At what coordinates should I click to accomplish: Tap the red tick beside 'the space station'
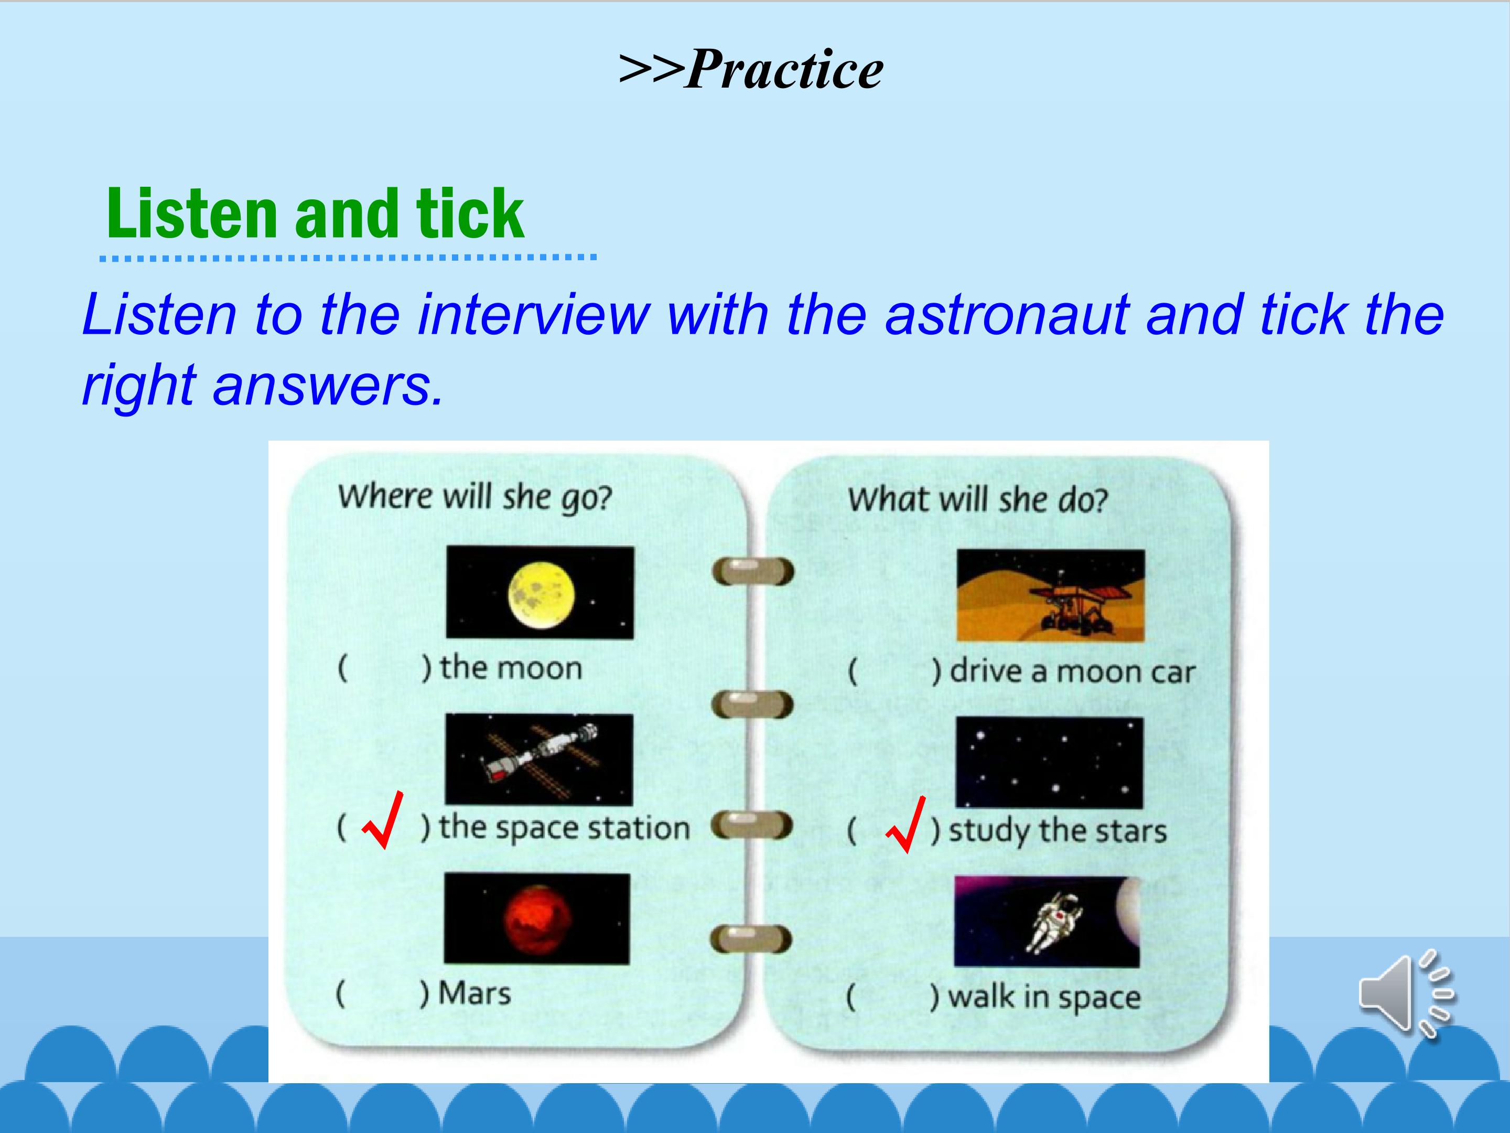(383, 820)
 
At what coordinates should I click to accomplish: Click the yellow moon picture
(540, 593)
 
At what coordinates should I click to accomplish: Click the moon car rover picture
(1051, 595)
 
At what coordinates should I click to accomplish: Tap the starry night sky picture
(1049, 763)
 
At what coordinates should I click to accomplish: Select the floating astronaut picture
(1047, 921)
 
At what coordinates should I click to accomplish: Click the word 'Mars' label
(474, 993)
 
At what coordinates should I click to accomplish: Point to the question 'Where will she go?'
(475, 497)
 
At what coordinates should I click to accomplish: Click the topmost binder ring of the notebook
(753, 571)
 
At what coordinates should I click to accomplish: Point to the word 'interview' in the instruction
(534, 315)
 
